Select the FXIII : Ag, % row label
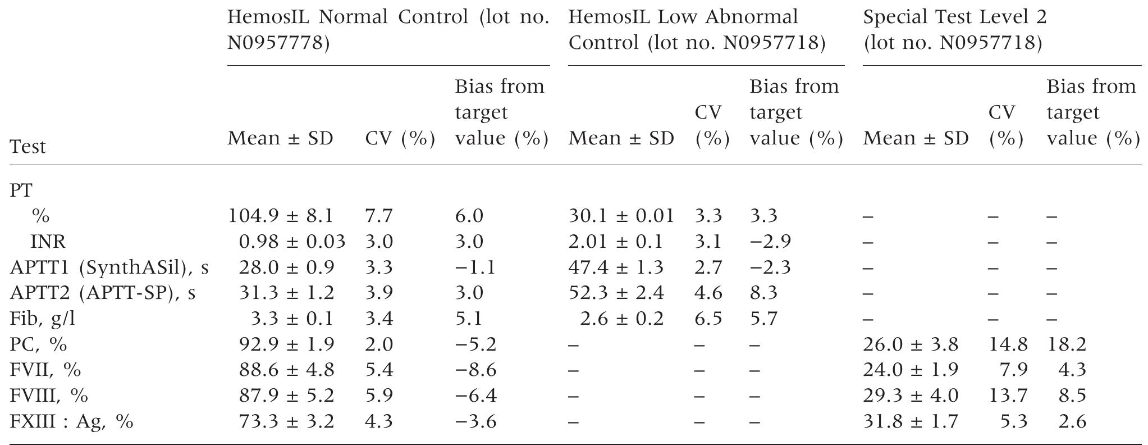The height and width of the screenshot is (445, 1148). pyautogui.click(x=71, y=421)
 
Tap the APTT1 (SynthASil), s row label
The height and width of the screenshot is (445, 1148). pyautogui.click(x=109, y=267)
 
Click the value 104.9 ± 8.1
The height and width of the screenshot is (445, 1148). pyautogui.click(x=281, y=216)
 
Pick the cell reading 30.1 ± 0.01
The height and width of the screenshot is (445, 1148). pyautogui.click(x=621, y=216)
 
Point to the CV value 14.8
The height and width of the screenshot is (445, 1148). pyautogui.click(x=1008, y=344)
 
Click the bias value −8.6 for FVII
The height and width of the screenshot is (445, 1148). pyautogui.click(x=475, y=370)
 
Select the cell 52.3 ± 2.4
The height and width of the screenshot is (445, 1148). pyautogui.click(x=616, y=293)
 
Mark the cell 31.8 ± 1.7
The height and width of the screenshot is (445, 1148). pyautogui.click(x=911, y=421)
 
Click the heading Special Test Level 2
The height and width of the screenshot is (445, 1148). pyautogui.click(x=954, y=17)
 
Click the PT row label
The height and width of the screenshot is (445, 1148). pyautogui.click(x=21, y=190)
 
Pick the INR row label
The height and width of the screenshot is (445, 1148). pyautogui.click(x=48, y=242)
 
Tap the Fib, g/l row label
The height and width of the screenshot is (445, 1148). pyautogui.click(x=42, y=319)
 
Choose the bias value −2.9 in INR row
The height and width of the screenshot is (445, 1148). pyautogui.click(x=770, y=242)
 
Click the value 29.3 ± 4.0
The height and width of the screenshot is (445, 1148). pyautogui.click(x=911, y=396)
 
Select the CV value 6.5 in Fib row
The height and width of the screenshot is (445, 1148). pyautogui.click(x=708, y=319)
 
